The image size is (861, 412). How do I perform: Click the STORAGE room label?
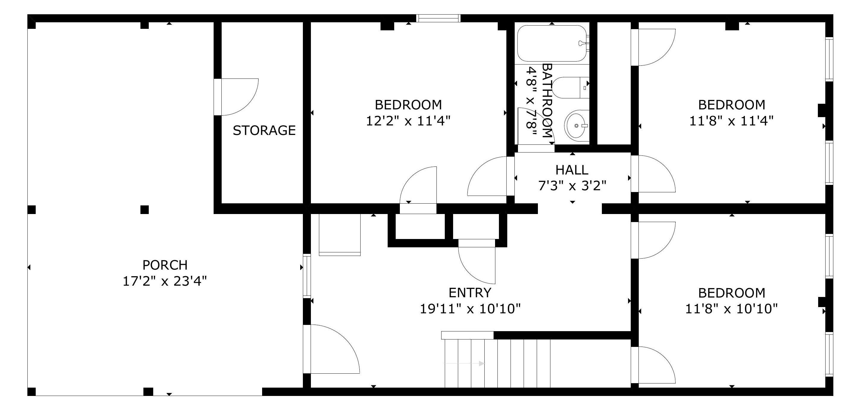tap(264, 130)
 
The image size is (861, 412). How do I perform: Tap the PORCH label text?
tap(165, 265)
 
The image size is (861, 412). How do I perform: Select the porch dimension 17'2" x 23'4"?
tap(165, 281)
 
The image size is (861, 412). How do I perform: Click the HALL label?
tap(572, 170)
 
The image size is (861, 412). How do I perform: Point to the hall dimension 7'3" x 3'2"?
tap(572, 185)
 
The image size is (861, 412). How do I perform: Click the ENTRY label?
tap(470, 293)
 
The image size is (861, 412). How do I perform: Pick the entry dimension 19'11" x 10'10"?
tap(470, 309)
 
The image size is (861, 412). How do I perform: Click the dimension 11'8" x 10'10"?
tap(731, 309)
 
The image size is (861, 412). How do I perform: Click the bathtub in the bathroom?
tap(552, 43)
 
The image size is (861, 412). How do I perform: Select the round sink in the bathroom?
tap(577, 125)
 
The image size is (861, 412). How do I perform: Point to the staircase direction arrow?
tap(465, 363)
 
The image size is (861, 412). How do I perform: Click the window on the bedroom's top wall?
tap(438, 18)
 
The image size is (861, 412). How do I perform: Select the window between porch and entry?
tap(307, 276)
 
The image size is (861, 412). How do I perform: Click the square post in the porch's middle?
tap(144, 210)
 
